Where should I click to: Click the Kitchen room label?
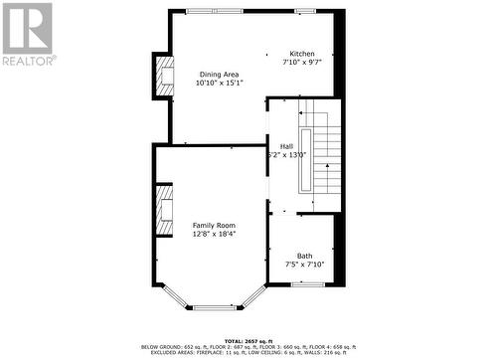point(301,54)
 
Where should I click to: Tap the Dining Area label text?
point(218,74)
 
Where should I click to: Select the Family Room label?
point(214,226)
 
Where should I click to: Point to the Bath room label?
point(304,256)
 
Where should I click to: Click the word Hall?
point(286,146)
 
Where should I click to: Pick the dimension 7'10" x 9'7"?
point(301,63)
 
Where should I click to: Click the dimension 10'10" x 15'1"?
point(218,83)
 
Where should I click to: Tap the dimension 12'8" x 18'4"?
point(214,235)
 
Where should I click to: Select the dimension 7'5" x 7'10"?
point(304,265)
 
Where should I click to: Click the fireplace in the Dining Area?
point(162,77)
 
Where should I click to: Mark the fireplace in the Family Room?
point(163,210)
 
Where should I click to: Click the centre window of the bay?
point(213,307)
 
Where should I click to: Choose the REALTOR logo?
point(27,35)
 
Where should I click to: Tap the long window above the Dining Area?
point(213,11)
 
